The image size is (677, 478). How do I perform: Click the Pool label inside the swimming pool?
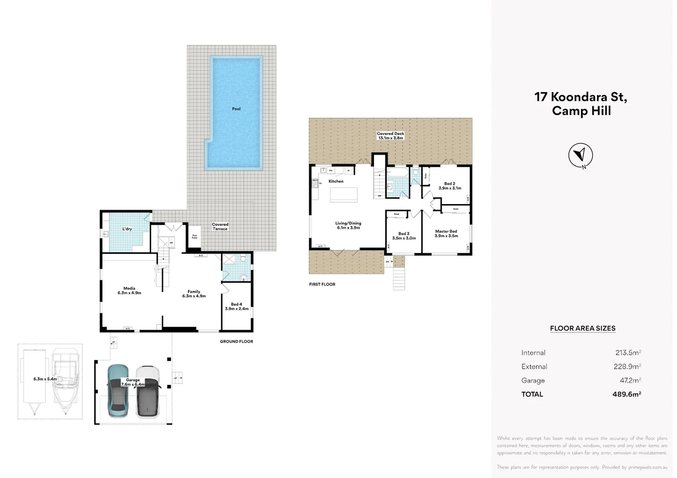(236, 109)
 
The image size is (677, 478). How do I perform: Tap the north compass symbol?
(580, 155)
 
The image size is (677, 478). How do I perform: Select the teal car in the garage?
(119, 391)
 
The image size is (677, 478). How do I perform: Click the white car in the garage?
(148, 391)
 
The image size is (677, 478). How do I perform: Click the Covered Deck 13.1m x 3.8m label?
(390, 136)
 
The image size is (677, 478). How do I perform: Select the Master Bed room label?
(446, 234)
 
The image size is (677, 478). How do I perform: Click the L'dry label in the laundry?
(127, 229)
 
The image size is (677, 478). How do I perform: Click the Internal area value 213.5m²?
(628, 353)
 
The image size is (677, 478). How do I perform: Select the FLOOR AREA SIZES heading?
(583, 328)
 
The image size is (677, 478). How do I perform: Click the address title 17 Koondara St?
(581, 97)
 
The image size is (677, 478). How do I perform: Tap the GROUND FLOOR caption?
(237, 342)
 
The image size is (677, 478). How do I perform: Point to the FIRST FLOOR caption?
(322, 284)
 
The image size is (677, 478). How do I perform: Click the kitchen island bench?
(343, 195)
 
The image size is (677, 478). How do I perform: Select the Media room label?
(129, 290)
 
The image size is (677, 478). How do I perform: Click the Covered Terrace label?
(220, 227)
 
